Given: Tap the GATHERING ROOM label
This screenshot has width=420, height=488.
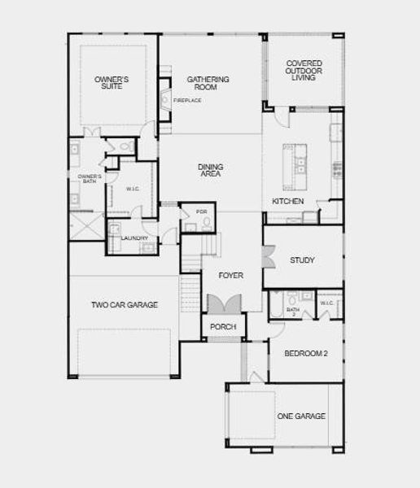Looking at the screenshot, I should coord(208,82).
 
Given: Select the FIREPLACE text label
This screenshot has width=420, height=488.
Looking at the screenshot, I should coord(187,101).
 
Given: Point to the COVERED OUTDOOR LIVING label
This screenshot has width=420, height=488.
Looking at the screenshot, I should coord(304,69).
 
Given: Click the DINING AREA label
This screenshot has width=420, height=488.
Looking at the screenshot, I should coord(210,170).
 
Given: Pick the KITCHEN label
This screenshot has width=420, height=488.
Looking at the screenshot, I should coord(287,201).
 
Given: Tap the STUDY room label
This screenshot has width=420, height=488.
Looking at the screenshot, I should coord(302,260).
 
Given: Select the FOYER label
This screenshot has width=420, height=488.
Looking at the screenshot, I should coord(230,276).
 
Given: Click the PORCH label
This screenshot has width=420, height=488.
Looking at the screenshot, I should coord(222,327).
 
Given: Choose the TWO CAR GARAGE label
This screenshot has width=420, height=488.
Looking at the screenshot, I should coord(124,305).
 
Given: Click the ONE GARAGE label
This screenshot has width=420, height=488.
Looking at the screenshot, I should coord(300,416).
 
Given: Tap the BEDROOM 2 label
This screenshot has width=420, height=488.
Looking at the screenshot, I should coord(304,354).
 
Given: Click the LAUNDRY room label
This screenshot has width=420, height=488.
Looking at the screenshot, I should coord(133,238).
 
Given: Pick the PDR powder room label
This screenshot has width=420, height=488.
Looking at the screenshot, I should coord(202,212).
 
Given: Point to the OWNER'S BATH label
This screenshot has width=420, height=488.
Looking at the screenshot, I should coord(89,178).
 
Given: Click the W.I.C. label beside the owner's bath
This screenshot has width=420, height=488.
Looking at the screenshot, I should coord(133,190).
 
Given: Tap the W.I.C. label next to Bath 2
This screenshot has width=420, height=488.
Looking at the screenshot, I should coord(327,303).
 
